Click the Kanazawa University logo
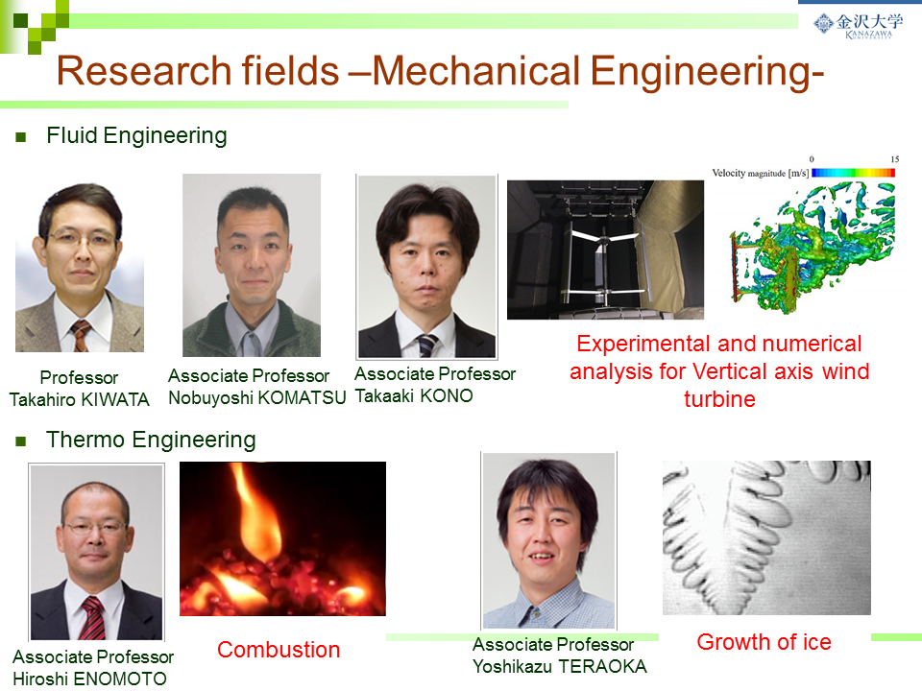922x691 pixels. [x=858, y=25]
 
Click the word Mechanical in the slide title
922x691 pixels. [x=477, y=71]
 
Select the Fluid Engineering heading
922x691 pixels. [x=136, y=135]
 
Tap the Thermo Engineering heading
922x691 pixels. [x=151, y=440]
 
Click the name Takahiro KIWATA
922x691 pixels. [x=80, y=399]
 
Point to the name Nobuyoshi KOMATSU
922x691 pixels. [x=257, y=397]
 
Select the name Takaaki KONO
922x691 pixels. [x=413, y=396]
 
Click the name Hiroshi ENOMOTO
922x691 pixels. [x=89, y=679]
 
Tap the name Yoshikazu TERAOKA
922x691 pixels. [x=559, y=666]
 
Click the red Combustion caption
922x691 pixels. [x=279, y=650]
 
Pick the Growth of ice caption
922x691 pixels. [x=764, y=642]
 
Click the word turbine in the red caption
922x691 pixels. [x=719, y=399]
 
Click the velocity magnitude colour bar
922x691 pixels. [x=853, y=173]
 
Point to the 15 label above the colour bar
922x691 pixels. [x=894, y=159]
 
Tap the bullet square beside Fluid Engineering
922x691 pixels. [x=21, y=137]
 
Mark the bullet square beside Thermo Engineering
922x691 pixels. [x=21, y=441]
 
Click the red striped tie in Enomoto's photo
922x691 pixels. [x=92, y=617]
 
